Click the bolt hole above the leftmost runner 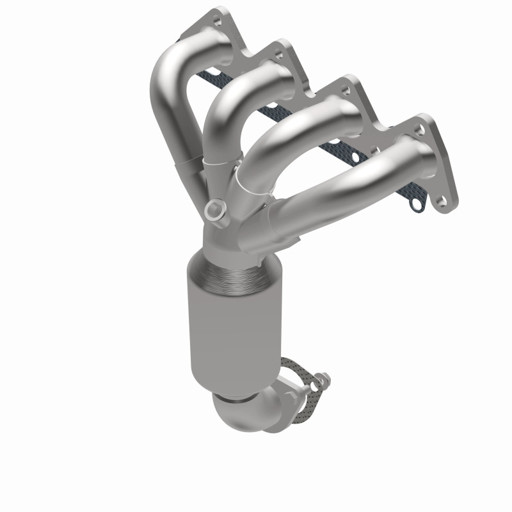tap(223, 13)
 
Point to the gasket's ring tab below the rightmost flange tap(417, 206)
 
